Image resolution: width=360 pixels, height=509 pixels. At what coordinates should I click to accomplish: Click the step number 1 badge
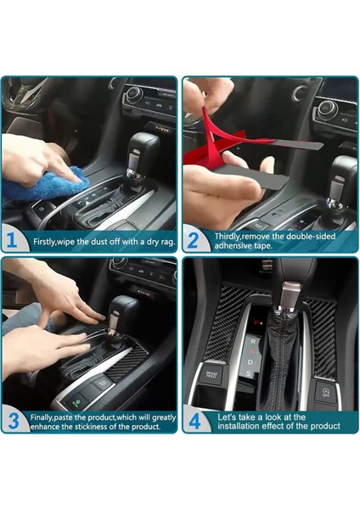point(12,241)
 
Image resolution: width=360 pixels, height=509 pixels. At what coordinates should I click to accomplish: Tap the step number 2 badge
point(194,241)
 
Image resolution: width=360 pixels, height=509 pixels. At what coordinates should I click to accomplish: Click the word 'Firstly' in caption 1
point(46,242)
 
